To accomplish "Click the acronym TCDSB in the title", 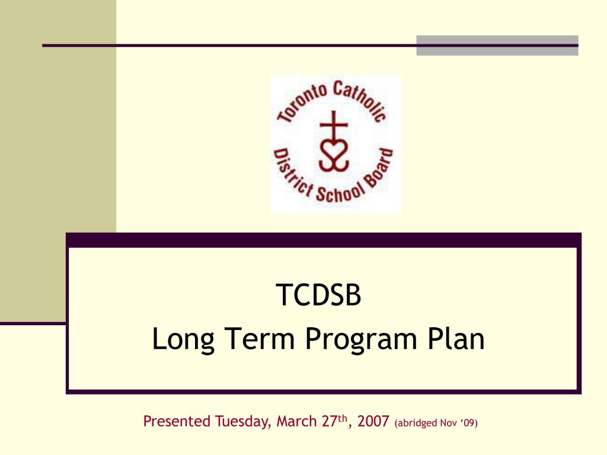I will [318, 296].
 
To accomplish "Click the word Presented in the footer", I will [177, 422].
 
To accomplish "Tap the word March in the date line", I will [296, 422].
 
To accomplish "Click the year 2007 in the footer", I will [373, 422].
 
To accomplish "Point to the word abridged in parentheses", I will [418, 423].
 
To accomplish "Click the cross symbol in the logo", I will [333, 125].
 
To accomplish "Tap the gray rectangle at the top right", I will [497, 46].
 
